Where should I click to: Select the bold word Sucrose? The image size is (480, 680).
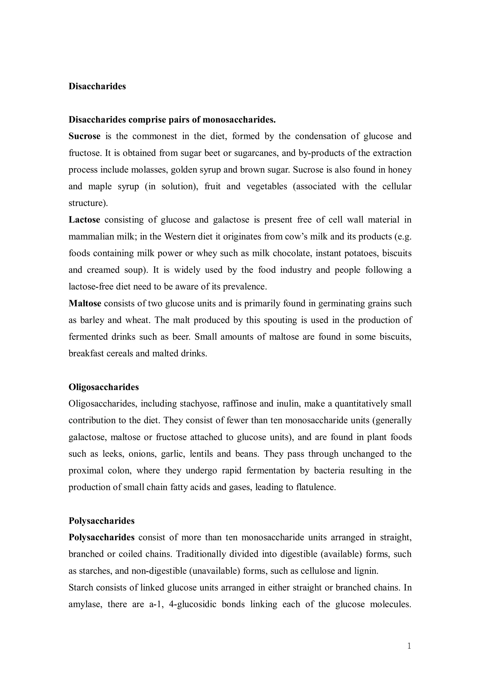85,136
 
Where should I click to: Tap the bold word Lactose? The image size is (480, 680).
84,220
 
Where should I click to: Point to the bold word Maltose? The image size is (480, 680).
85,304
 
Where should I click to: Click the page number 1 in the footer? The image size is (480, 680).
409,646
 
